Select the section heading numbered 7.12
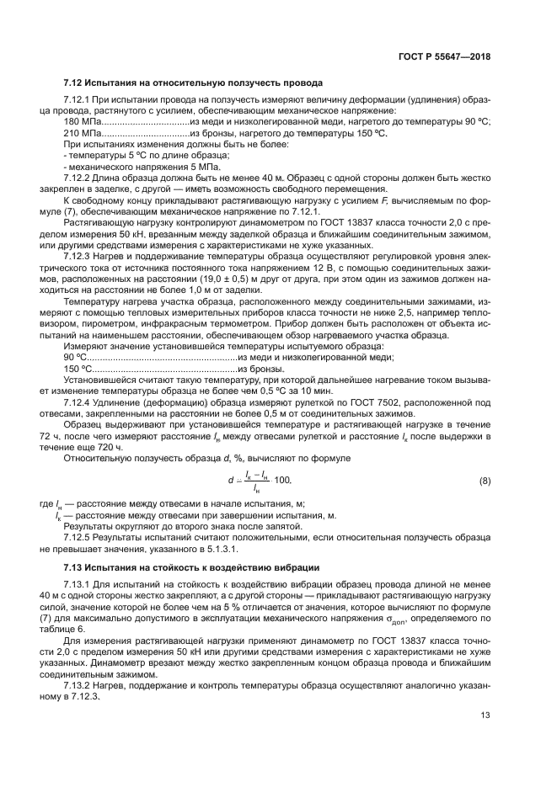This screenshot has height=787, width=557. [192, 84]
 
